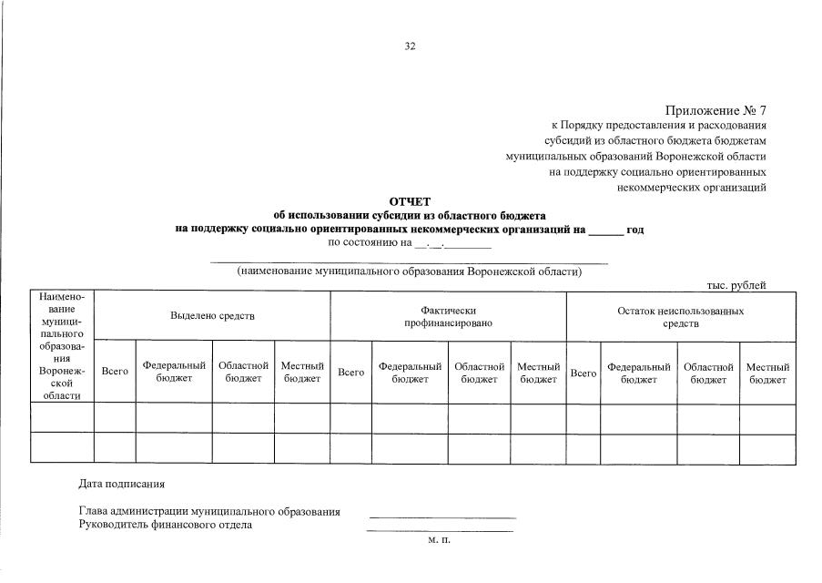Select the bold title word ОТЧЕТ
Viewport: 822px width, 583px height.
(410, 202)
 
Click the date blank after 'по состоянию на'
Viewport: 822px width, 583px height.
(452, 244)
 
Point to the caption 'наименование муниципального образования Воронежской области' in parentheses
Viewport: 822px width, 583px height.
(409, 271)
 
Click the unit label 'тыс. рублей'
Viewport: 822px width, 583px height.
(736, 285)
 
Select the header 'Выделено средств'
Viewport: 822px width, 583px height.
(212, 316)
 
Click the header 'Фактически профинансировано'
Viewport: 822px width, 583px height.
(448, 317)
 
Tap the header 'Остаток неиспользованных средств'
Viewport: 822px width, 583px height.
(681, 317)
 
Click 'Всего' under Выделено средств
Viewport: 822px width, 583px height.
(115, 373)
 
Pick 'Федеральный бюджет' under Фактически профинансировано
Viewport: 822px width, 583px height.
(410, 373)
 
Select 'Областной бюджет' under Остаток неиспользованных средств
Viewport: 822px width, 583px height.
(708, 373)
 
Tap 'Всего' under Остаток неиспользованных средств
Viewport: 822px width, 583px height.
(584, 373)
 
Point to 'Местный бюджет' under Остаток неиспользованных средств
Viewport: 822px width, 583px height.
(767, 373)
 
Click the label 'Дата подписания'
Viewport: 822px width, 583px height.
(122, 483)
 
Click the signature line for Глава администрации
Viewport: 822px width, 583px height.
(441, 516)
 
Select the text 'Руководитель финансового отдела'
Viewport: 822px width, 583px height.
(166, 525)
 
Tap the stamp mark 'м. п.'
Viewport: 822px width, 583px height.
(439, 540)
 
